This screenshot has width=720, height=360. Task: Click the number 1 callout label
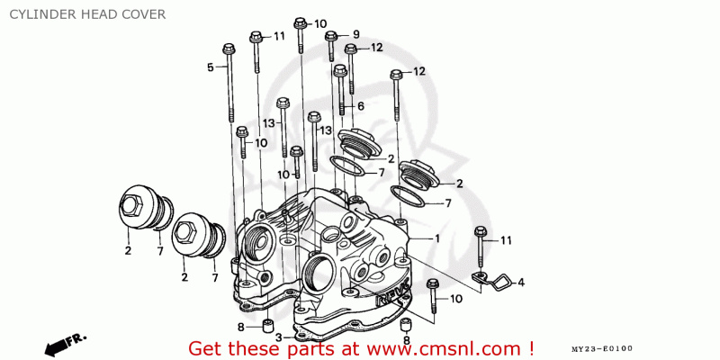point(437,238)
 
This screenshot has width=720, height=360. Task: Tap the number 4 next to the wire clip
point(521,283)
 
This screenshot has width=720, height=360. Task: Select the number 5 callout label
point(211,67)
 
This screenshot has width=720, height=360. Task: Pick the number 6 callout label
point(361,106)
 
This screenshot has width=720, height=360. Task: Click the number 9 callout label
point(355,34)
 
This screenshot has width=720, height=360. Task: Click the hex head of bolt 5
point(229,49)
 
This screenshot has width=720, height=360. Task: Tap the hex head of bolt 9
point(331,36)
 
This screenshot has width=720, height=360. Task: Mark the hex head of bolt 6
point(340,70)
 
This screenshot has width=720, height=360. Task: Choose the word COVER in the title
point(144,14)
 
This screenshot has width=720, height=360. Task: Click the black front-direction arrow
point(56,346)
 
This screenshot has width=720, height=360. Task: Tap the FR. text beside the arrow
point(76,340)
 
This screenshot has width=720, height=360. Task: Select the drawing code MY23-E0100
point(602,349)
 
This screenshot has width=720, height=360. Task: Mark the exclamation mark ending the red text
point(531,346)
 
